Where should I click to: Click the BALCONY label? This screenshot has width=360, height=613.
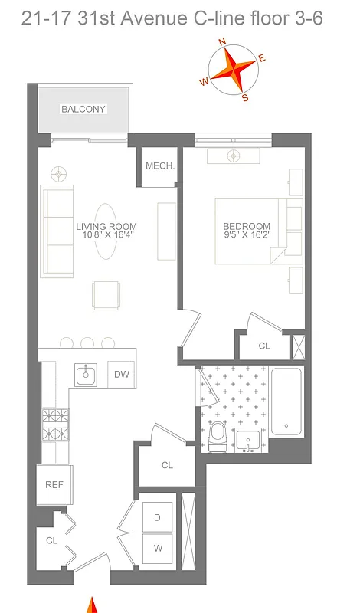click(83, 110)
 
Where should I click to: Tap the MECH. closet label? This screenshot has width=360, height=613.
click(160, 166)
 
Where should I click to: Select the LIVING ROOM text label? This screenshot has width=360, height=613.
click(106, 226)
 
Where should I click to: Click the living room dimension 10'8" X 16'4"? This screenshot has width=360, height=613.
click(106, 235)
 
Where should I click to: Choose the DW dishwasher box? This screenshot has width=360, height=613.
click(121, 375)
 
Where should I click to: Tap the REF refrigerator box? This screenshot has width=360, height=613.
click(54, 484)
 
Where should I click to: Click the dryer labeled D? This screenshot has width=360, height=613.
click(157, 518)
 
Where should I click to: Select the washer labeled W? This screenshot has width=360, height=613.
click(157, 549)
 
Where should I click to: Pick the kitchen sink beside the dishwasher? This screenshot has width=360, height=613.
click(85, 375)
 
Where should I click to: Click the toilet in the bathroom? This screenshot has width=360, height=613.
click(217, 435)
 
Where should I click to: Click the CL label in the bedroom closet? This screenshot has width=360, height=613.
click(264, 346)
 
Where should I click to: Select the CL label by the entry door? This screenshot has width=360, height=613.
click(52, 540)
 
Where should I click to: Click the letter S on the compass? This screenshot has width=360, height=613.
click(245, 97)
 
